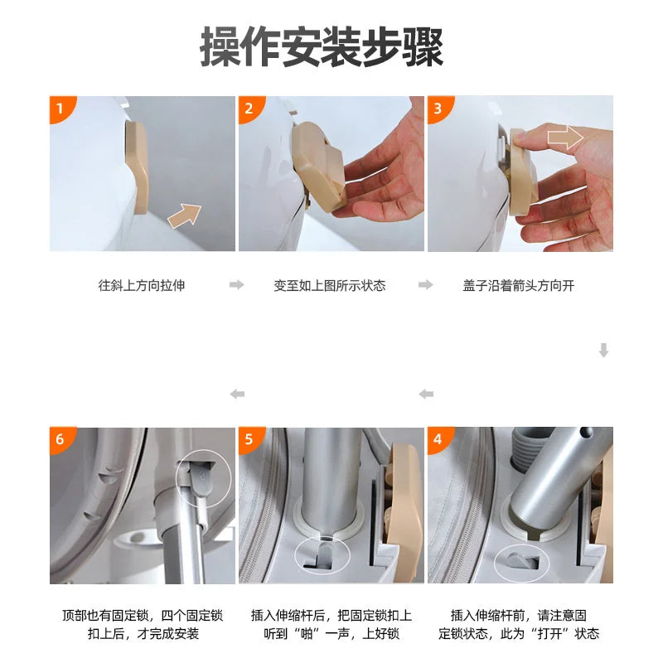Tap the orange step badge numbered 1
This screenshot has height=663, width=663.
point(60,108)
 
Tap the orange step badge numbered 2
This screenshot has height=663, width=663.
point(249,108)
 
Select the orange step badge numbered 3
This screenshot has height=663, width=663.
point(438,108)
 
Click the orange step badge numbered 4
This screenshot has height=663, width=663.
point(438,439)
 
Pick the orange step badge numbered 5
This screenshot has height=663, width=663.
point(249,439)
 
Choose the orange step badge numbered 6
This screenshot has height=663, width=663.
point(60,439)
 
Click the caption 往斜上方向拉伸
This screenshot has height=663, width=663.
point(142,285)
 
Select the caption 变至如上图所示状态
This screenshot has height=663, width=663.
point(330,285)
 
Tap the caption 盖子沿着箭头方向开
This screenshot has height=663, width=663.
point(519,285)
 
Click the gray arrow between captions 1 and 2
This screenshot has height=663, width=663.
point(237,285)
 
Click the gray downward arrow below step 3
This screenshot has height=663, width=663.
point(603,351)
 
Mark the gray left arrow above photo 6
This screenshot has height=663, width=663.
point(237,394)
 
